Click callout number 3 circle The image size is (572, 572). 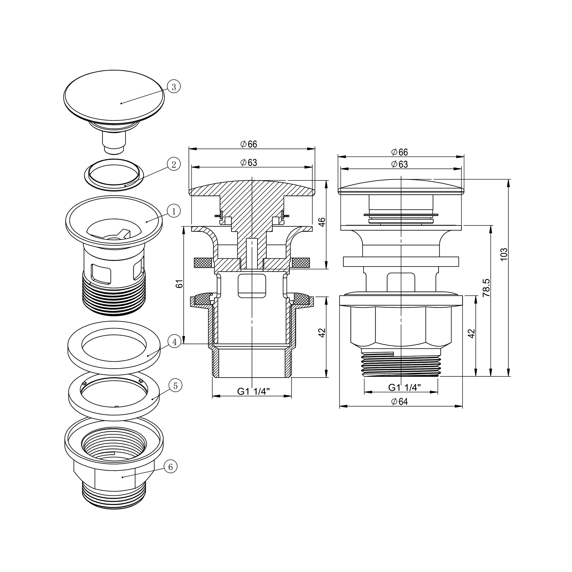(x=174, y=87)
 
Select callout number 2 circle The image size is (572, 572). (x=174, y=164)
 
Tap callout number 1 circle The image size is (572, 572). (x=174, y=211)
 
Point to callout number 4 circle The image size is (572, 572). (x=175, y=342)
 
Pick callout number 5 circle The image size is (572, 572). (x=176, y=386)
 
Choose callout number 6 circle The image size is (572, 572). (x=171, y=467)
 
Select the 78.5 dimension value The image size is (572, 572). (x=487, y=287)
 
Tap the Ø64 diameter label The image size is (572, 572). (x=399, y=401)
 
